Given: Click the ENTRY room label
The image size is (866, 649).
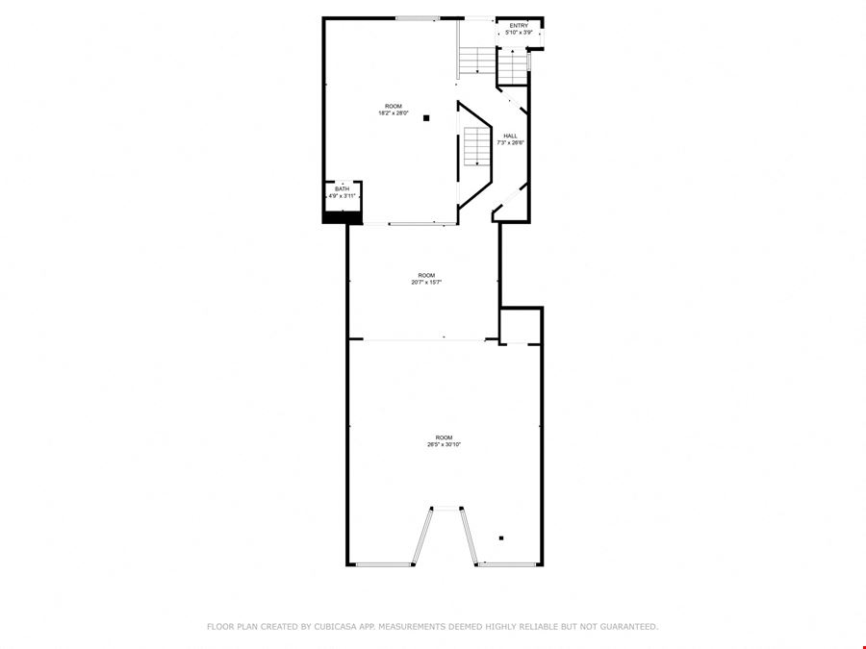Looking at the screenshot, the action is (x=519, y=26).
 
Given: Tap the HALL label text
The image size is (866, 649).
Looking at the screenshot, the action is (x=510, y=136).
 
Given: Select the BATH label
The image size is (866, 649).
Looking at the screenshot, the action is (x=342, y=189).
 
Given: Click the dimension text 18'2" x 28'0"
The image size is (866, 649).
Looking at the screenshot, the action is (x=394, y=113).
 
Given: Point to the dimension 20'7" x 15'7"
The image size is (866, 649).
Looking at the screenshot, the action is (x=426, y=282).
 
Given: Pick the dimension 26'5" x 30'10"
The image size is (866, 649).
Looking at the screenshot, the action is (x=444, y=444).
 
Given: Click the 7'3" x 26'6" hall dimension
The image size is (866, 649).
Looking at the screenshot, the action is (x=510, y=142).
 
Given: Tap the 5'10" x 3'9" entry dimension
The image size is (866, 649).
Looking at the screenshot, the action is (x=520, y=33).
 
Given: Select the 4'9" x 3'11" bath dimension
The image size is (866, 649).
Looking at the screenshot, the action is (x=343, y=196).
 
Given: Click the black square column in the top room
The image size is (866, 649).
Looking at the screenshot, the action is (x=426, y=118).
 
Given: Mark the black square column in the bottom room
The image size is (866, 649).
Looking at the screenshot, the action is (x=501, y=538).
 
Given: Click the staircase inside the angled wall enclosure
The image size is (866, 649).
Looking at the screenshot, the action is (x=477, y=146).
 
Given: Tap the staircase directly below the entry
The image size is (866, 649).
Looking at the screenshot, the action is (x=513, y=66).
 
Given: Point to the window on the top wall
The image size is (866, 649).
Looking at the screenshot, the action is (x=418, y=19).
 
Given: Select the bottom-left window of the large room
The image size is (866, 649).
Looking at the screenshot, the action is (x=383, y=564).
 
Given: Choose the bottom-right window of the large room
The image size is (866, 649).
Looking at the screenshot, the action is (x=507, y=564).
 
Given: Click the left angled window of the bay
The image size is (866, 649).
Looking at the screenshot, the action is (x=422, y=536).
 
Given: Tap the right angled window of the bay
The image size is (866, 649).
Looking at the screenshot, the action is (x=469, y=536).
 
